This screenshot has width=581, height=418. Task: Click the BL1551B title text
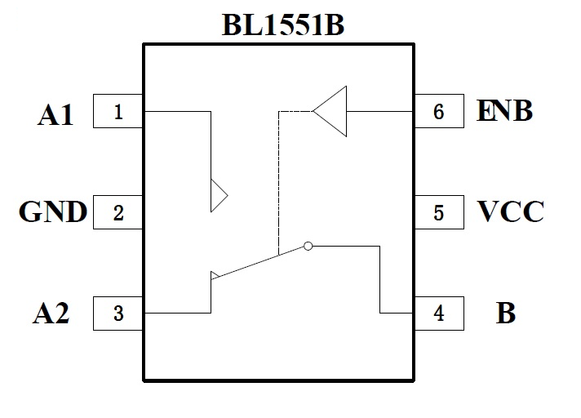pyautogui.click(x=282, y=24)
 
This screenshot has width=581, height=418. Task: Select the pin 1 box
pyautogui.click(x=119, y=111)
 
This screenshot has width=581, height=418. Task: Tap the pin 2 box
pyautogui.click(x=119, y=213)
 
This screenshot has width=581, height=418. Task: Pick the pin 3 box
pyautogui.click(x=119, y=313)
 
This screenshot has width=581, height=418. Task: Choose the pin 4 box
pyautogui.click(x=439, y=313)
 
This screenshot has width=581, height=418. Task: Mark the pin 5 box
pyautogui.click(x=439, y=213)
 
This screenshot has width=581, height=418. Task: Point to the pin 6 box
pyautogui.click(x=439, y=111)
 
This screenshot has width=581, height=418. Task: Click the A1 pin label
pyautogui.click(x=55, y=114)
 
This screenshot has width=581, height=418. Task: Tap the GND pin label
pyautogui.click(x=53, y=213)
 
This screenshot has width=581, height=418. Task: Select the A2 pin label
pyautogui.click(x=52, y=314)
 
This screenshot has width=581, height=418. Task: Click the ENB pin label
pyautogui.click(x=504, y=111)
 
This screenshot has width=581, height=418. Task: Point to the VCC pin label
pyautogui.click(x=510, y=213)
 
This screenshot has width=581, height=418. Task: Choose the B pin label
pyautogui.click(x=506, y=314)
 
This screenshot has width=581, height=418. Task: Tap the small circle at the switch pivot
pyautogui.click(x=308, y=245)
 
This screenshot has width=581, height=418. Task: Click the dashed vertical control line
pyautogui.click(x=279, y=180)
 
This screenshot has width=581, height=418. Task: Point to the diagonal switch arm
pyautogui.click(x=257, y=262)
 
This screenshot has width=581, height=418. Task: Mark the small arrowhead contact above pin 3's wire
pyautogui.click(x=214, y=275)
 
